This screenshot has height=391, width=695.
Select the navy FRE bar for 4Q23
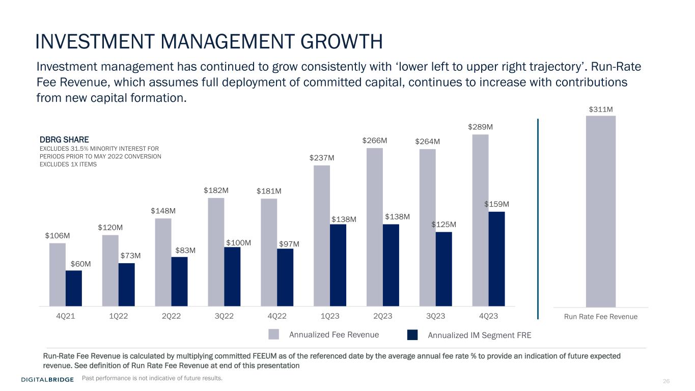pyautogui.click(x=496, y=259)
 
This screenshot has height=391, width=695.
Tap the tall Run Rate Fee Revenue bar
pyautogui.click(x=601, y=211)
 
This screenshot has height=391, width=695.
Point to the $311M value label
pyautogui.click(x=601, y=109)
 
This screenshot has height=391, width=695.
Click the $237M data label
pyautogui.click(x=322, y=158)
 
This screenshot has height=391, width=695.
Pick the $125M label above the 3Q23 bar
pyautogui.click(x=443, y=225)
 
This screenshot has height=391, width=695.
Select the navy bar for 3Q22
pyautogui.click(x=232, y=276)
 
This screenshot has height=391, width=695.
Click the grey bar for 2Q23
pyautogui.click(x=375, y=227)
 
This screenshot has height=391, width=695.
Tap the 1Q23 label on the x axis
pyautogui.click(x=330, y=316)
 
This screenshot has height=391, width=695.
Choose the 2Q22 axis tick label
pyautogui.click(x=172, y=316)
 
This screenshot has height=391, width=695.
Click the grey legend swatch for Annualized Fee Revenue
pyautogui.click(x=274, y=334)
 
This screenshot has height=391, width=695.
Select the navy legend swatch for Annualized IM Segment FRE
pyautogui.click(x=412, y=334)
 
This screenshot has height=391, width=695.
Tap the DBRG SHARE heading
pyautogui.click(x=64, y=139)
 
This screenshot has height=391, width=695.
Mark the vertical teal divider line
pyautogui.click(x=538, y=219)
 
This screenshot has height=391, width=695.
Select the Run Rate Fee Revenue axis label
pyautogui.click(x=601, y=317)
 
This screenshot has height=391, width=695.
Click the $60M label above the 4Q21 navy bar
pyautogui.click(x=81, y=264)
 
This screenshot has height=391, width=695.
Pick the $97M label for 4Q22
pyautogui.click(x=289, y=244)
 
